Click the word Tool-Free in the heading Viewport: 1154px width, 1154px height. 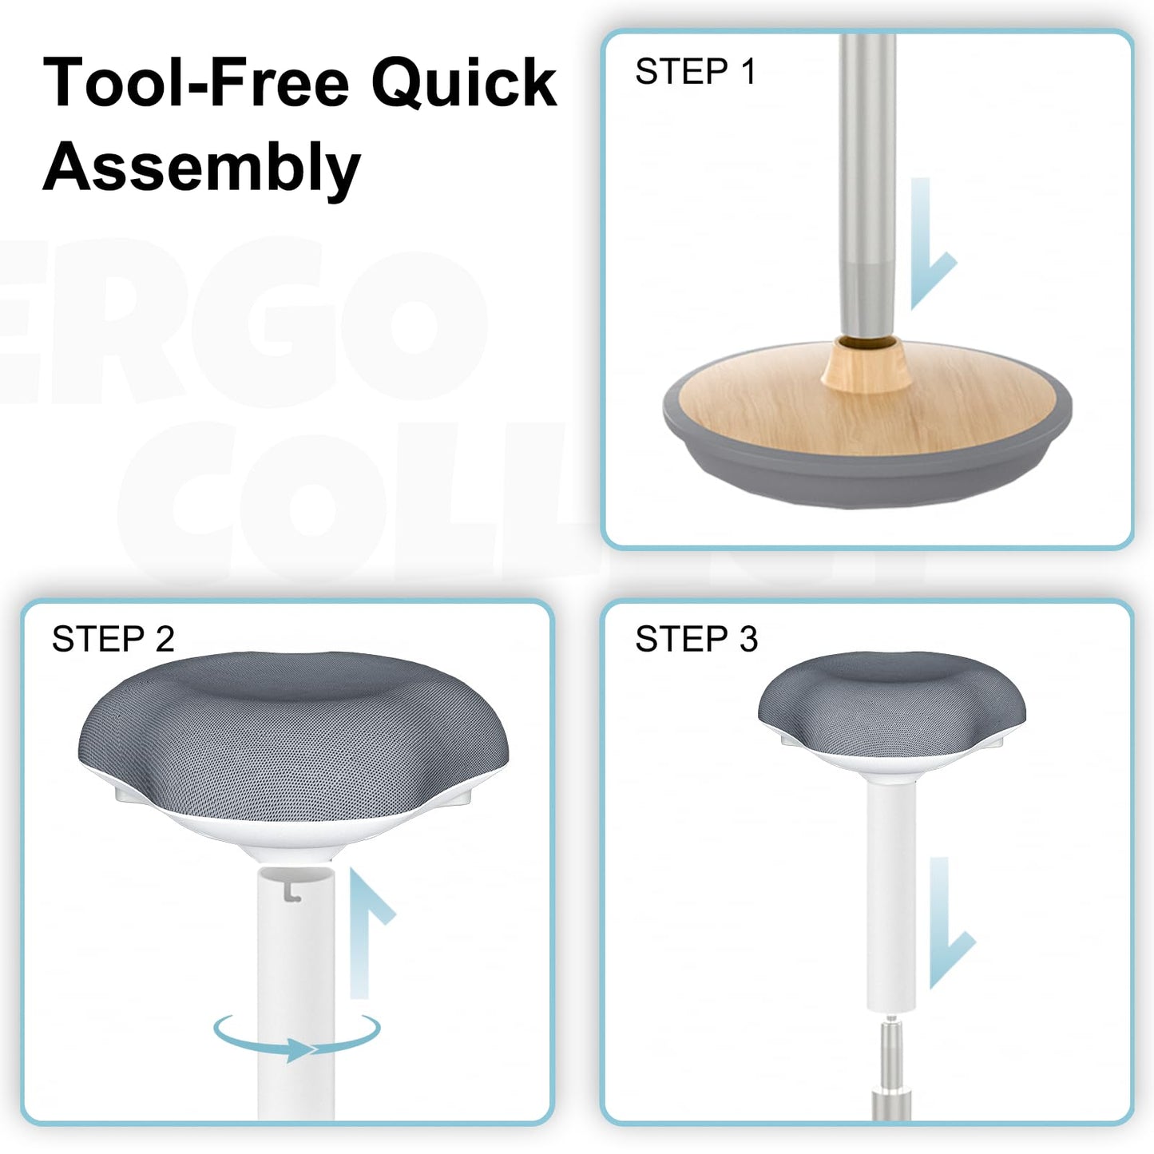pyautogui.click(x=196, y=82)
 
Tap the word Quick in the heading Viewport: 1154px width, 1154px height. pyautogui.click(x=464, y=83)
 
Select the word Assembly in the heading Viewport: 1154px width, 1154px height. pyautogui.click(x=201, y=167)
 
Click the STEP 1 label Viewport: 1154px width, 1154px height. pyautogui.click(x=696, y=71)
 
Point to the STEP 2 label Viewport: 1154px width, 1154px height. pyautogui.click(x=113, y=639)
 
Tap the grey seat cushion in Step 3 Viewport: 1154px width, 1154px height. pyautogui.click(x=892, y=700)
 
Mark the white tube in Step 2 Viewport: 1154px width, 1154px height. pyautogui.click(x=295, y=994)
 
